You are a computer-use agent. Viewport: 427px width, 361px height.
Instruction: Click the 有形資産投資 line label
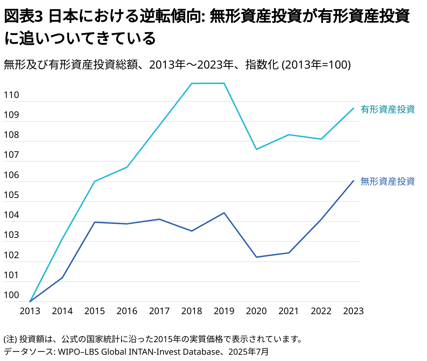[x=387, y=109]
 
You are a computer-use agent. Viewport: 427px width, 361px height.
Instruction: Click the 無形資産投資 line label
[x=387, y=181]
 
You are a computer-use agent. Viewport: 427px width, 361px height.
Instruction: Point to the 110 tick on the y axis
[x=11, y=95]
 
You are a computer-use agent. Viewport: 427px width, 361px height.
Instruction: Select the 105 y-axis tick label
[x=11, y=195]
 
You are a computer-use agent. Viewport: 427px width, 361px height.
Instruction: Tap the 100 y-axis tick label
[x=11, y=295]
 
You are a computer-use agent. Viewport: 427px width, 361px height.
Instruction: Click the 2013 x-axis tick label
[x=30, y=311]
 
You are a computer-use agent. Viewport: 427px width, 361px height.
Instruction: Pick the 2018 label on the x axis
[x=191, y=311]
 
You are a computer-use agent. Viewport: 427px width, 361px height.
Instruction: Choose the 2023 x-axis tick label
[x=353, y=311]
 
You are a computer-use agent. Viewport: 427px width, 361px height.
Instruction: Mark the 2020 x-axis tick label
[x=256, y=311]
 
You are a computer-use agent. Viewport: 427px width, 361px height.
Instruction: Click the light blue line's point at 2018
[x=192, y=84]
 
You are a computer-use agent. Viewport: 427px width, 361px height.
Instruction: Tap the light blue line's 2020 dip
[x=256, y=149]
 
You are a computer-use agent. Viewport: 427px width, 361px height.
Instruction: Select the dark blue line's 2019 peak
[x=224, y=213]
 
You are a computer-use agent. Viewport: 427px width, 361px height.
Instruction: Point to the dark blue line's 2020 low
[x=256, y=257]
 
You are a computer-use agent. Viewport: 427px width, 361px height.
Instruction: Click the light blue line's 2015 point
[x=94, y=181]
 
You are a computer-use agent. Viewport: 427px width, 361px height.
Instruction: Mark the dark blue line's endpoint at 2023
[x=353, y=181]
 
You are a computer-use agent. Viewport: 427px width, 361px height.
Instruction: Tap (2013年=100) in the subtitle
[x=316, y=65]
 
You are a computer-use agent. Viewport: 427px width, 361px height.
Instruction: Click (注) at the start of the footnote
[x=10, y=339]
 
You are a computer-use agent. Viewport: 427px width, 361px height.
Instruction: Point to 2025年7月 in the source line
[x=248, y=352]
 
